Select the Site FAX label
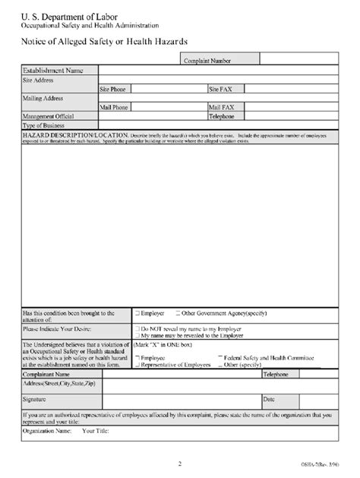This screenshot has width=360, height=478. pos(220,89)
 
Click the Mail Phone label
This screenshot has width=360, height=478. pos(114,107)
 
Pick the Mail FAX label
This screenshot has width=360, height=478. pos(221,107)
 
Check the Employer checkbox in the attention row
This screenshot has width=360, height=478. pos(137,312)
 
